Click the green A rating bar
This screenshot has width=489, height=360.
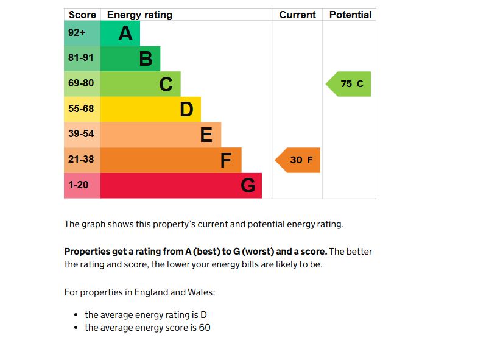pyautogui.click(x=120, y=33)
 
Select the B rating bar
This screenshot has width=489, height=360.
pyautogui.click(x=130, y=58)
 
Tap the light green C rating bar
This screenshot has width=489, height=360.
pyautogui.click(x=140, y=84)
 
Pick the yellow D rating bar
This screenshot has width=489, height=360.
pyautogui.click(x=150, y=109)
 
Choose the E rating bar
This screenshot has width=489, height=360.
pyautogui.click(x=160, y=135)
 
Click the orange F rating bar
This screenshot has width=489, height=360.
pyautogui.click(x=171, y=160)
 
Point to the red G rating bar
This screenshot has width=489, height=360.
pyautogui.click(x=181, y=185)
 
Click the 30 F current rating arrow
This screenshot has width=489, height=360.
pyautogui.click(x=298, y=160)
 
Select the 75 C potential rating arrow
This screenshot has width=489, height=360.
pyautogui.click(x=349, y=84)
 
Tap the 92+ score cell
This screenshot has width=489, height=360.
pyautogui.click(x=82, y=33)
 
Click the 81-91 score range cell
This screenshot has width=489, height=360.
pyautogui.click(x=82, y=58)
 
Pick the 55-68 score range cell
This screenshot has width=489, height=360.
pyautogui.click(x=82, y=109)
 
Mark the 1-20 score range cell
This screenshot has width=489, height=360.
pyautogui.click(x=82, y=185)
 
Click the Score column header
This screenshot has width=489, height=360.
pyautogui.click(x=82, y=15)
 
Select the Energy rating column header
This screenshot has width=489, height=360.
pyautogui.click(x=139, y=15)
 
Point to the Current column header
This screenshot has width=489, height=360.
pyautogui.click(x=297, y=15)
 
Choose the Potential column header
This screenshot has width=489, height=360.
pyautogui.click(x=350, y=15)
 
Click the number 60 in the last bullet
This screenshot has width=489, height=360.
pyautogui.click(x=204, y=328)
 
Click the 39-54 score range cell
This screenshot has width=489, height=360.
pyautogui.click(x=82, y=135)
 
